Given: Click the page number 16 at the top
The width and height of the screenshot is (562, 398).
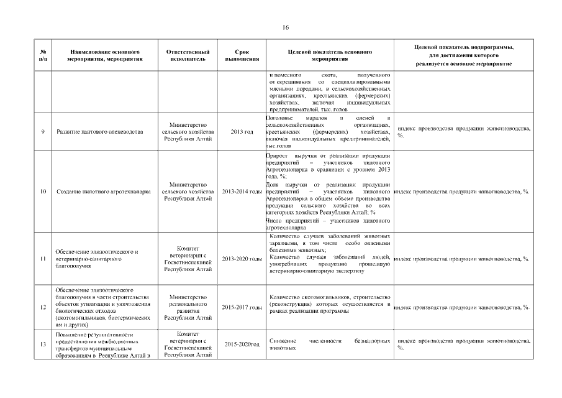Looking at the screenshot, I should tap(286, 27).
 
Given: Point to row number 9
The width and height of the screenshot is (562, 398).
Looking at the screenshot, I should tap(42, 132).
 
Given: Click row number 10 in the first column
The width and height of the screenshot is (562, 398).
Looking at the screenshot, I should tap(42, 192).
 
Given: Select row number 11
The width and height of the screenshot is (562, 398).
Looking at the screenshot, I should tap(42, 258).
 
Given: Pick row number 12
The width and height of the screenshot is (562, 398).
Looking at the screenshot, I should tap(42, 307).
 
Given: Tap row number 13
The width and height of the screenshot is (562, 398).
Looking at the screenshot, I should tap(42, 344).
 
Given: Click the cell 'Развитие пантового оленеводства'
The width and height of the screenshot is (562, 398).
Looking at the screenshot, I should tap(99, 132).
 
